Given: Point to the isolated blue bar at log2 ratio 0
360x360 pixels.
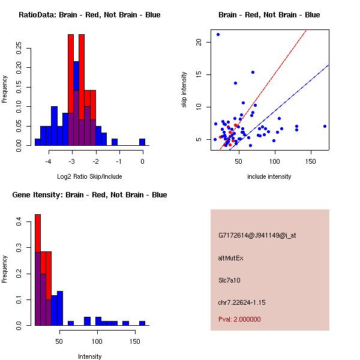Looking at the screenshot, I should point(142,142).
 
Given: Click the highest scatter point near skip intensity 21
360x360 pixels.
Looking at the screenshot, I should point(218,34).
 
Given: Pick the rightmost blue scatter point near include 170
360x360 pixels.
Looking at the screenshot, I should point(325,126).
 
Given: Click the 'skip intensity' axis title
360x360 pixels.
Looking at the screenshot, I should point(184,90).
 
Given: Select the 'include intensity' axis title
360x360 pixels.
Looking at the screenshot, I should point(269,176).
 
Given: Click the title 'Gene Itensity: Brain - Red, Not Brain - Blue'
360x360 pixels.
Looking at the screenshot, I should point(89,195).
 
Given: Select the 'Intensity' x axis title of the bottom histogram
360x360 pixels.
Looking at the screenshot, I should point(89,356).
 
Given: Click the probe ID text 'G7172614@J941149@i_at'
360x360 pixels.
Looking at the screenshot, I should point(257,235).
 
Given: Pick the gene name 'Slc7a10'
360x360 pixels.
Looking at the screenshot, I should point(230,280).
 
